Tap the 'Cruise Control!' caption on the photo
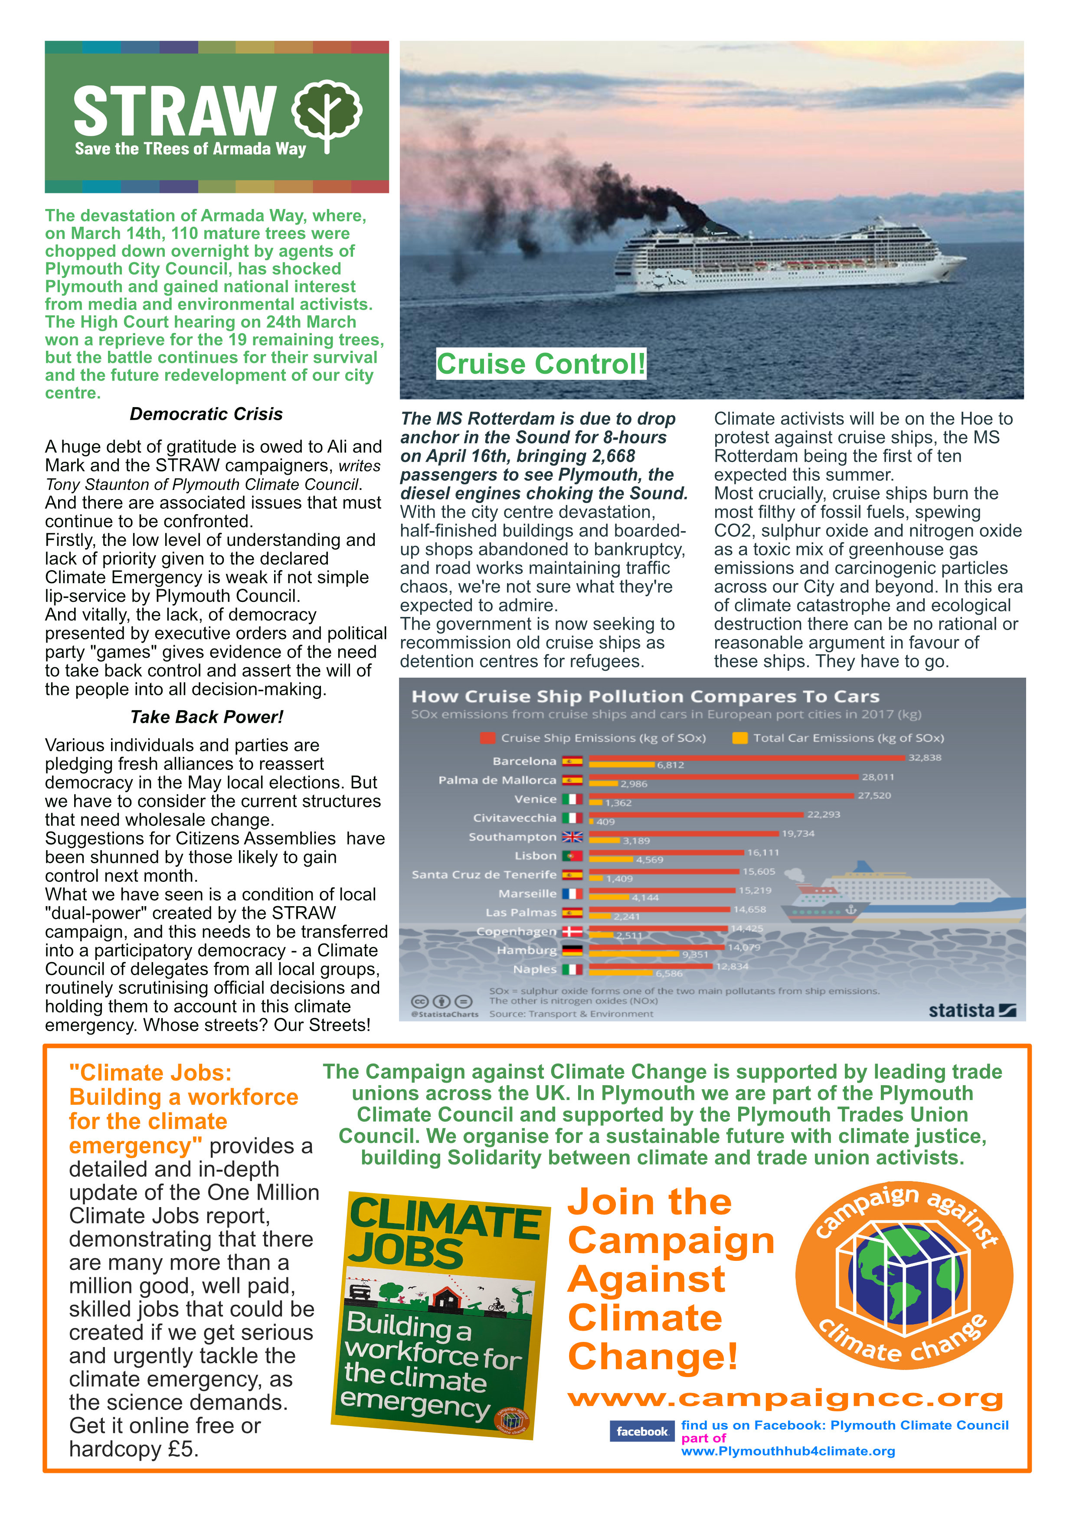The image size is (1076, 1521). pyautogui.click(x=541, y=364)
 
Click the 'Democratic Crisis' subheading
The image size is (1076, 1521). pyautogui.click(x=206, y=414)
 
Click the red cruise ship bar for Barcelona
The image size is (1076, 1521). pyautogui.click(x=746, y=757)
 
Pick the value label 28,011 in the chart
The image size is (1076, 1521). pyautogui.click(x=878, y=777)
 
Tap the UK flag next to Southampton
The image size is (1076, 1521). pyautogui.click(x=572, y=837)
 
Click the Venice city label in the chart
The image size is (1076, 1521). pyautogui.click(x=535, y=799)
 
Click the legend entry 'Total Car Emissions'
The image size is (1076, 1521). pyautogui.click(x=848, y=738)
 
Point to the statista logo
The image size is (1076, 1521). pyautogui.click(x=972, y=1010)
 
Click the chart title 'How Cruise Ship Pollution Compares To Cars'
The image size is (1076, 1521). pyautogui.click(x=645, y=696)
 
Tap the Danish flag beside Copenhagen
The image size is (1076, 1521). pyautogui.click(x=572, y=931)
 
